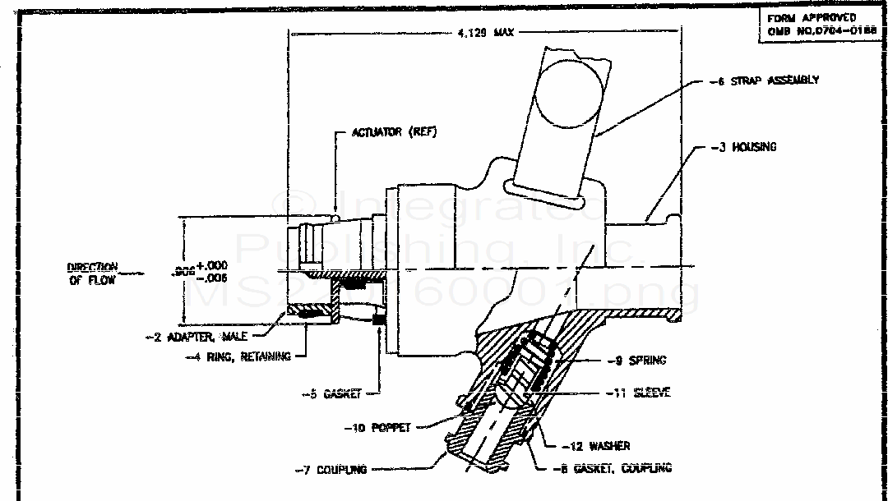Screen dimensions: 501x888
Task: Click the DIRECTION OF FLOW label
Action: [93, 273]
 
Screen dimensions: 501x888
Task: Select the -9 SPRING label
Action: [641, 360]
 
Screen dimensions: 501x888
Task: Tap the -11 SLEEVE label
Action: [641, 393]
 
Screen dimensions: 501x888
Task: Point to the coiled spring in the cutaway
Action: [530, 361]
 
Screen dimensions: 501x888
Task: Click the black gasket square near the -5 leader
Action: [379, 319]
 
